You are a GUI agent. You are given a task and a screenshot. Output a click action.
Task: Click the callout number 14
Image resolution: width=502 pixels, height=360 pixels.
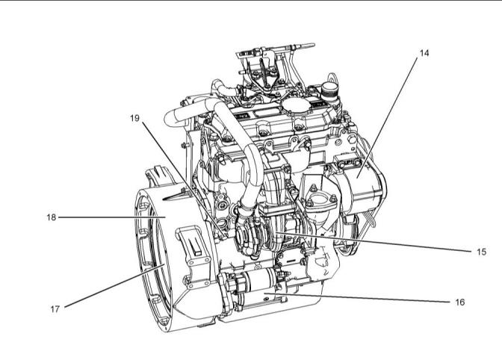[424, 53]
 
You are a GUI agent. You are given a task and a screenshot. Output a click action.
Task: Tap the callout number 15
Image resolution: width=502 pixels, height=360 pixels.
[481, 252]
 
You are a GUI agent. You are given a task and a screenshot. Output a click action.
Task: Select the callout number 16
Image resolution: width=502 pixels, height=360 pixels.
[459, 302]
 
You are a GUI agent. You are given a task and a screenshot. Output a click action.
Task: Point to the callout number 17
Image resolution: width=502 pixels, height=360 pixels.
[55, 309]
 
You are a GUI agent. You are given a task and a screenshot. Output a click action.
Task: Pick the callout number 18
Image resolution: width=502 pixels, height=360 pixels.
[52, 217]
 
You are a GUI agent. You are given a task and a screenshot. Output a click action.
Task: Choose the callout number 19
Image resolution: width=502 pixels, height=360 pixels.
[134, 118]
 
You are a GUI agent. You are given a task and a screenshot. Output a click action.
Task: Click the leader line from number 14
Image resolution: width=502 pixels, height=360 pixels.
[388, 117]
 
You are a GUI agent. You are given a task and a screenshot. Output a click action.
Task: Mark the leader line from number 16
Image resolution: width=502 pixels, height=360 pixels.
[356, 297]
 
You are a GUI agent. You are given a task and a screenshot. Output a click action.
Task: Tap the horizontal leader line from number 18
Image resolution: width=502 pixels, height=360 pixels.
[112, 217]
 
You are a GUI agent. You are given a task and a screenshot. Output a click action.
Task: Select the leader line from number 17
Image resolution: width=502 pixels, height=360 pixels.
[114, 285]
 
